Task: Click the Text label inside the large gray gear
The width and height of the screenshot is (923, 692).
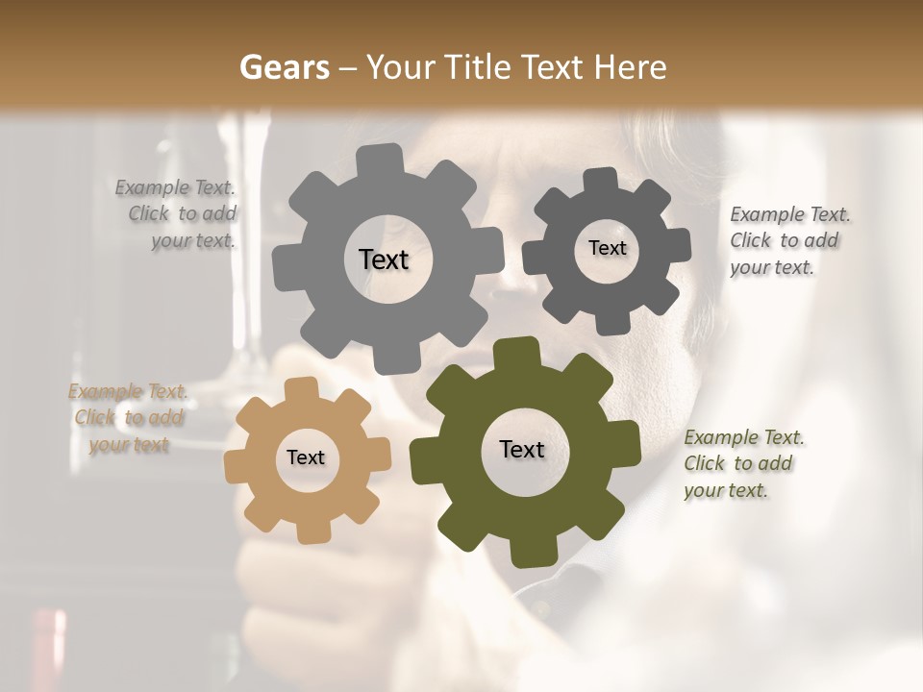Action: point(384,259)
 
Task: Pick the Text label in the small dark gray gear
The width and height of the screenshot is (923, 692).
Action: point(607,248)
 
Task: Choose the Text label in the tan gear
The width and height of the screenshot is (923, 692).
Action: point(306,457)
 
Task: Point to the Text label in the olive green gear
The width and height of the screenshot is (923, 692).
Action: point(522,449)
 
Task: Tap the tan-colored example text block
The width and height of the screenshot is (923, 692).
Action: point(129,418)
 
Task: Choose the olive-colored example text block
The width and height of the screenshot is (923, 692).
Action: point(741,464)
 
